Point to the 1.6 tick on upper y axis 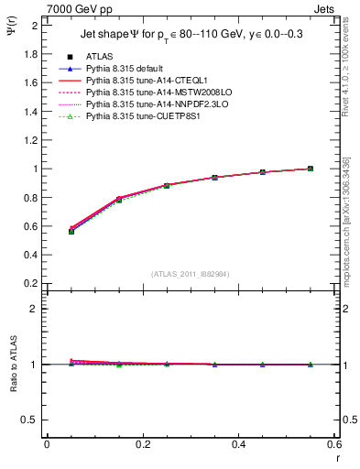[34, 82]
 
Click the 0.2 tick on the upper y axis [34, 283]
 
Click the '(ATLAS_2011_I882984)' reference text [191, 274]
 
